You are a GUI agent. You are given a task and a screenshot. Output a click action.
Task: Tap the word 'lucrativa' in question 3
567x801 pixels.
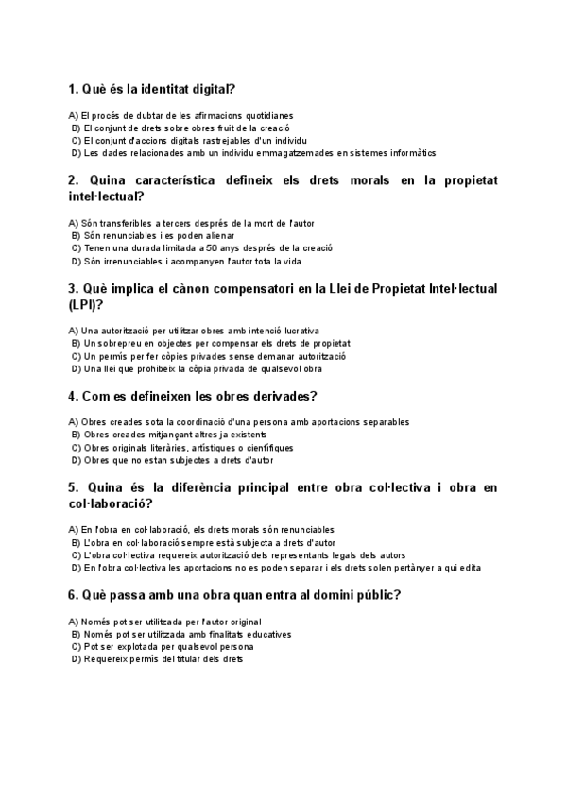click(313, 332)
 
